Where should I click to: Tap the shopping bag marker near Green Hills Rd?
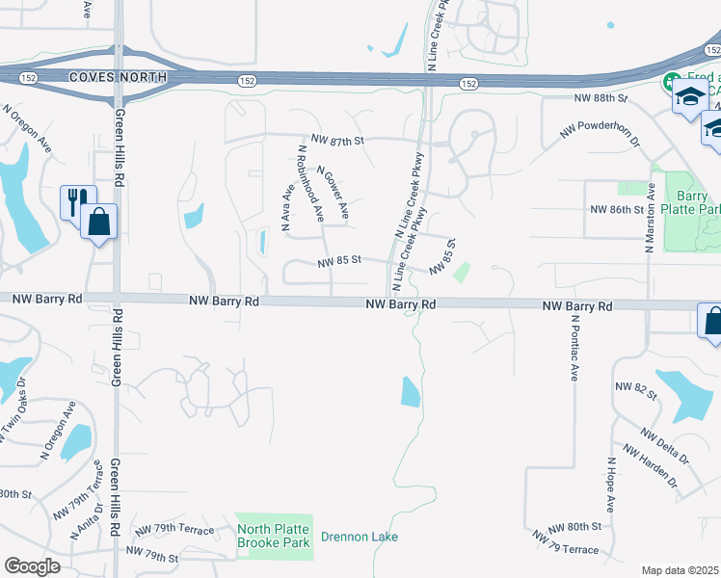(99, 222)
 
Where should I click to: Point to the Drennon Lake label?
(359, 537)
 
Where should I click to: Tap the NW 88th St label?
(600, 98)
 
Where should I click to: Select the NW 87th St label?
(335, 141)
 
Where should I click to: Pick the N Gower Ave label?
(333, 190)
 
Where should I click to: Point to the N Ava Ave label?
(286, 208)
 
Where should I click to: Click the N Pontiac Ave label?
(572, 347)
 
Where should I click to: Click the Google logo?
(32, 566)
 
